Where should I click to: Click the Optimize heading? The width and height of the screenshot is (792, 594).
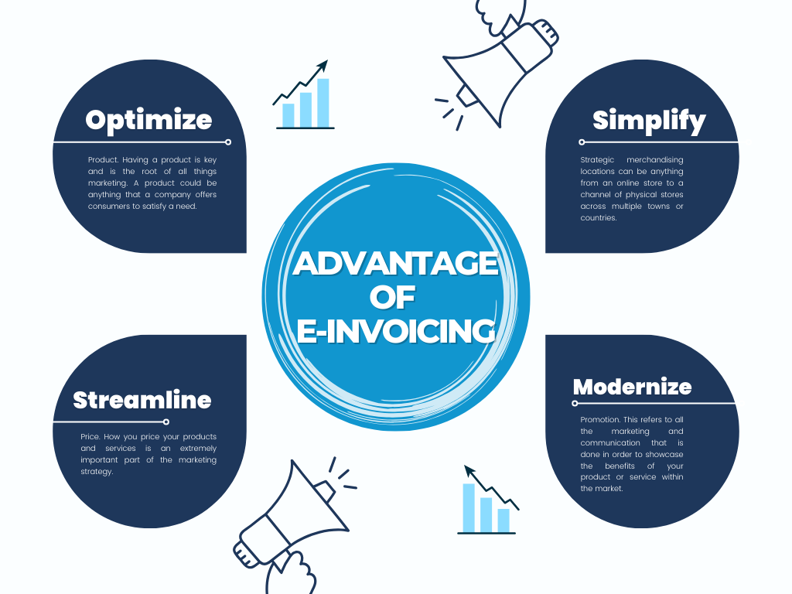coord(148,121)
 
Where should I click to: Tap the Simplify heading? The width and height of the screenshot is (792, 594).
coord(649,121)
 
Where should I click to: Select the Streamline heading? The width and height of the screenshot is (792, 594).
coord(142,400)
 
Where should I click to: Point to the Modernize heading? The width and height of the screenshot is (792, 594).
coord(633,387)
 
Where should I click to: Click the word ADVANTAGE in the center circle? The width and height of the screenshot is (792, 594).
coord(396,263)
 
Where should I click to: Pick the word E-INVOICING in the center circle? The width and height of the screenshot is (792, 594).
coord(396,331)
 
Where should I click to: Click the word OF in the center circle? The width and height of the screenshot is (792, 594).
coord(392,297)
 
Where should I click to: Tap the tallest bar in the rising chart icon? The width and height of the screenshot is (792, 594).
coord(323,103)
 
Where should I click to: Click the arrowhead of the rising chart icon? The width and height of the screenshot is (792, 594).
coord(323,67)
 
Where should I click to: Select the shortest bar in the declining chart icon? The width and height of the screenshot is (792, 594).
coord(504,521)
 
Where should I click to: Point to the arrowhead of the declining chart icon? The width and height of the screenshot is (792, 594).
coord(469,471)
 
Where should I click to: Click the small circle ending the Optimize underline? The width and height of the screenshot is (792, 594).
coord(228,142)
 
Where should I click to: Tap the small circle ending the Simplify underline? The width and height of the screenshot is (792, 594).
coord(582,142)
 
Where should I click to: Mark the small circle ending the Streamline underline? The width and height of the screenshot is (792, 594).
coord(166,422)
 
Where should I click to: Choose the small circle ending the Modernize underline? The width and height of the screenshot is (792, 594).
coord(575,403)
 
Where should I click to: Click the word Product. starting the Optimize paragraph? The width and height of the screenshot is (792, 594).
coord(104,160)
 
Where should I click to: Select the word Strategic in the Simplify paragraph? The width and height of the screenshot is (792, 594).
coord(597,160)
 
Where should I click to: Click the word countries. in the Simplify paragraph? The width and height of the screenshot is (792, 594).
coord(599,218)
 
